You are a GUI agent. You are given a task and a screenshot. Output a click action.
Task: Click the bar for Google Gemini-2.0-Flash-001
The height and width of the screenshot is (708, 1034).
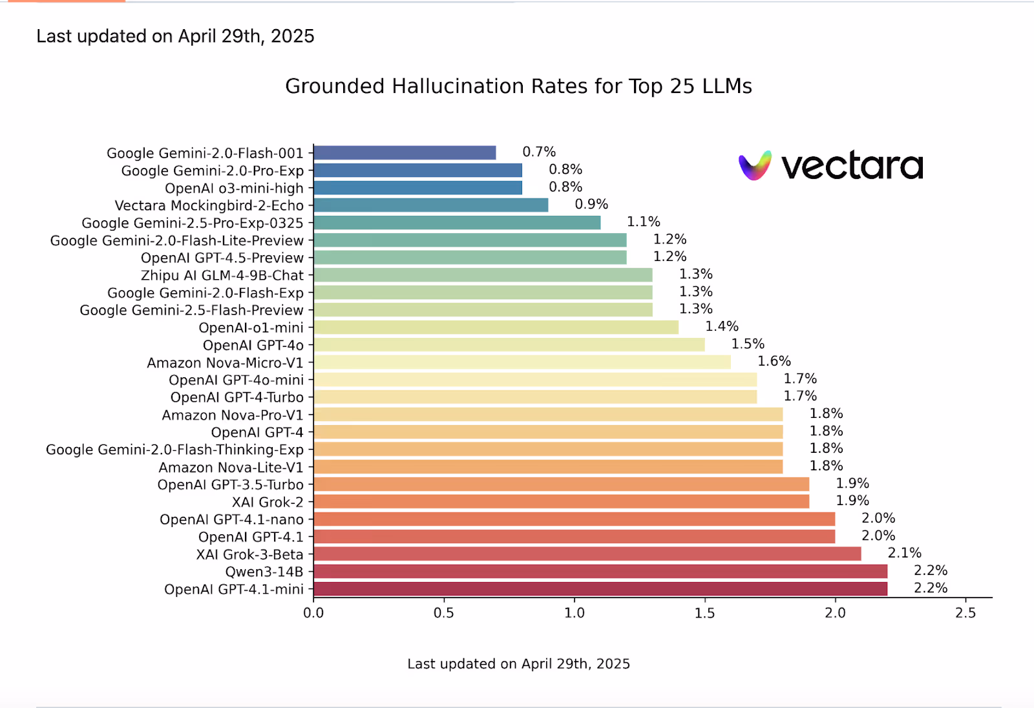(x=405, y=153)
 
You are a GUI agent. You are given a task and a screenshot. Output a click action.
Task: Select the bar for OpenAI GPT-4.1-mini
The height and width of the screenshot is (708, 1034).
(x=600, y=588)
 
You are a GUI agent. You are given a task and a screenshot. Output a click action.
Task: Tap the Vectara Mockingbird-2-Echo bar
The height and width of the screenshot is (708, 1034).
(x=430, y=205)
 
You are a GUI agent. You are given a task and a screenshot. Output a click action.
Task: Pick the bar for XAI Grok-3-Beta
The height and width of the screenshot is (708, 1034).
(x=587, y=554)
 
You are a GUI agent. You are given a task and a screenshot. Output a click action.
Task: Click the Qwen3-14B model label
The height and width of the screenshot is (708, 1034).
(x=264, y=572)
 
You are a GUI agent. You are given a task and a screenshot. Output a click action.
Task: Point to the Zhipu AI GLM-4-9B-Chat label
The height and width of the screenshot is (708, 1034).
(x=222, y=275)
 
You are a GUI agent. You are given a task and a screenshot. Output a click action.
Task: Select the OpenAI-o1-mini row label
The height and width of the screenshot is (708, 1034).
(x=251, y=328)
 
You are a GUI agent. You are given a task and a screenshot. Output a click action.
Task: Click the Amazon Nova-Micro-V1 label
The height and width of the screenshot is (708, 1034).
(x=225, y=363)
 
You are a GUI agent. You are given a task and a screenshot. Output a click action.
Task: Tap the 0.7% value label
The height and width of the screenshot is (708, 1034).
(x=539, y=152)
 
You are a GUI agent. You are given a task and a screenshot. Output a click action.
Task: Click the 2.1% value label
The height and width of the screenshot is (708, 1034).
(x=904, y=553)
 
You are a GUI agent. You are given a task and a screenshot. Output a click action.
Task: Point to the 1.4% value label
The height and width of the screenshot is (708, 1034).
(x=721, y=326)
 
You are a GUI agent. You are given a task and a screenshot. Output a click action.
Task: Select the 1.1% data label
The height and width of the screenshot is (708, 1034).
(x=643, y=222)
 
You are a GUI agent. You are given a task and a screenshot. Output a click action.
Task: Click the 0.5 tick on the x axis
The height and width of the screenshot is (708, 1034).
(x=444, y=612)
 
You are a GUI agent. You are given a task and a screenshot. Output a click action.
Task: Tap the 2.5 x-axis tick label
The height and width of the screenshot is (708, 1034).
(x=965, y=612)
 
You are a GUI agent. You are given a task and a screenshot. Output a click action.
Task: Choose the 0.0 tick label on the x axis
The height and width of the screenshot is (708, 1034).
(x=313, y=612)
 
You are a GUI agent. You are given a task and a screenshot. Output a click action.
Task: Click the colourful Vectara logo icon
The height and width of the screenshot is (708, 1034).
(x=755, y=166)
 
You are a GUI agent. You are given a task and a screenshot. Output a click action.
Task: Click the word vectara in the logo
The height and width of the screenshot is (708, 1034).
(x=852, y=167)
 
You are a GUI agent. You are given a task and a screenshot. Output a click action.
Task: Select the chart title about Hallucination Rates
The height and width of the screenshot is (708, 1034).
(x=518, y=87)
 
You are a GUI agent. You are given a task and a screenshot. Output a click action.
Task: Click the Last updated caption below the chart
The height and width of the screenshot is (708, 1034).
(x=518, y=663)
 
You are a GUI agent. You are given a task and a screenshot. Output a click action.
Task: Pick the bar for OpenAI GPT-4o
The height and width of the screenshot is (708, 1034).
(x=509, y=345)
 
